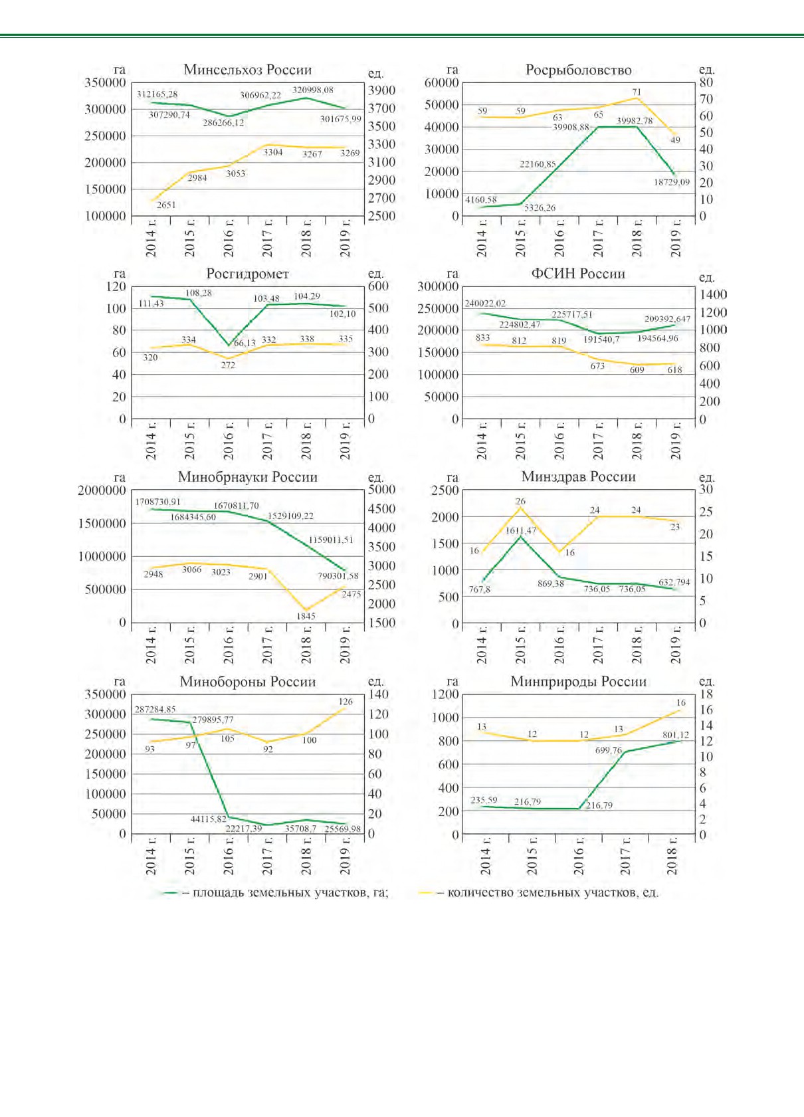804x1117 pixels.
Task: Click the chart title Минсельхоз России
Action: click(247, 69)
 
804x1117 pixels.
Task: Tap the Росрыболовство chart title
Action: click(579, 70)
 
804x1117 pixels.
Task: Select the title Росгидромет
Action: click(247, 274)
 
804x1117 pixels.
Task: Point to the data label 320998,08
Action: click(313, 90)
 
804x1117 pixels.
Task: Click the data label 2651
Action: click(166, 205)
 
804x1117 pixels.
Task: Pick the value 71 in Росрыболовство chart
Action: click(637, 92)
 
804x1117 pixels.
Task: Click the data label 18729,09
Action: click(671, 182)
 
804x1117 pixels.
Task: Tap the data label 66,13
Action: click(245, 343)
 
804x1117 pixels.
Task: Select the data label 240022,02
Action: click(485, 303)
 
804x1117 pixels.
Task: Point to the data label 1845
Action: click(306, 616)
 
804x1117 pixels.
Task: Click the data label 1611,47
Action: click(521, 530)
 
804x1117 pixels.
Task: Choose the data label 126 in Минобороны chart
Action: click(346, 702)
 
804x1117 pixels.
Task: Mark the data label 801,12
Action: click(676, 735)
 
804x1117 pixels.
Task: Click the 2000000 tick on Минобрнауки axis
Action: click(102, 490)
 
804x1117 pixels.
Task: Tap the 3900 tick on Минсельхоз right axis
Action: click(381, 90)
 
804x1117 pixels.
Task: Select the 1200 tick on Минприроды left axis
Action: click(445, 694)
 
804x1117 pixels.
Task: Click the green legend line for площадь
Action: click(170, 892)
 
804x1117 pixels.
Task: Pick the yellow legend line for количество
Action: click(425, 892)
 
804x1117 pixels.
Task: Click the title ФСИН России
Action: click(578, 273)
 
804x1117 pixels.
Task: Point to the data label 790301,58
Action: click(338, 576)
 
